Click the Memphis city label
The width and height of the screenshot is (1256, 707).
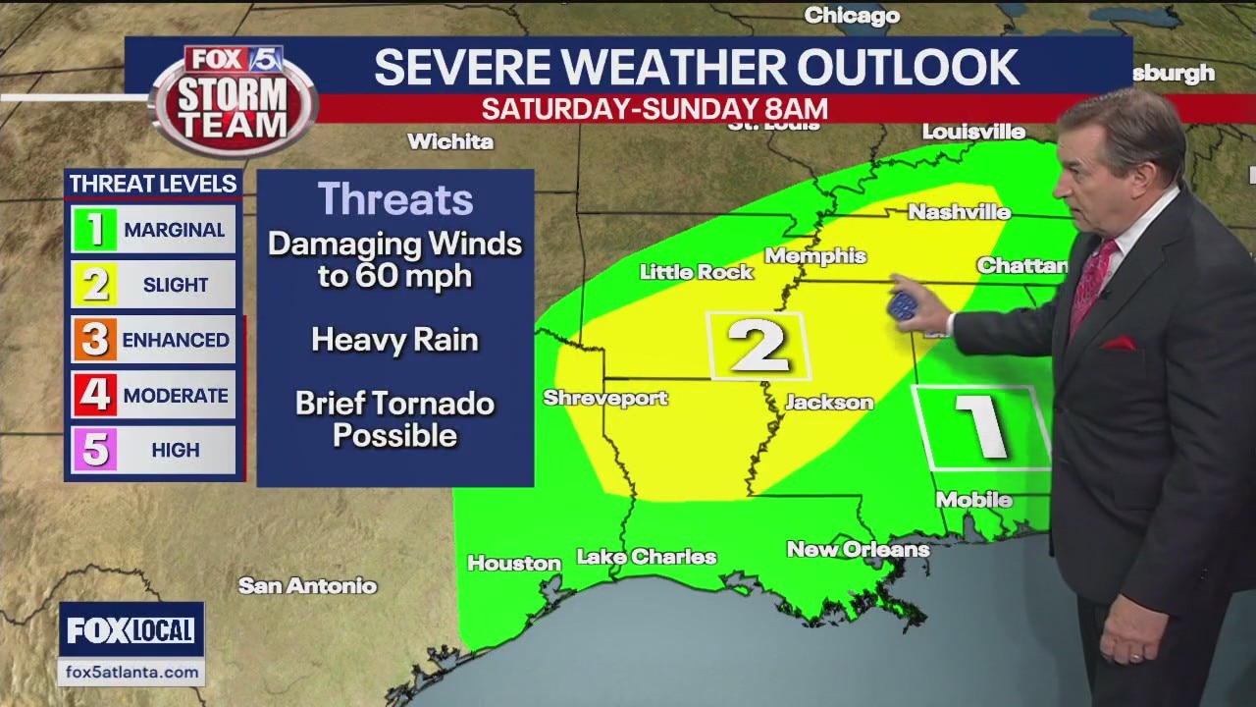point(815,256)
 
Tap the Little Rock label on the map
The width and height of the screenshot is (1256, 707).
point(696,272)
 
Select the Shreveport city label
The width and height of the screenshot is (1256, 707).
point(605,398)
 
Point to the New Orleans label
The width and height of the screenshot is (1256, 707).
point(858,550)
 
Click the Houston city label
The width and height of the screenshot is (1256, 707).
point(513,564)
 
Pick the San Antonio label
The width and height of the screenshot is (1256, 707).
point(307,586)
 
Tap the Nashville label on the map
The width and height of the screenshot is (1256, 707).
point(959,212)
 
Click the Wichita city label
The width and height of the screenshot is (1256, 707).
point(450,141)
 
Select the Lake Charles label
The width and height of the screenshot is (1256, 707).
point(647,557)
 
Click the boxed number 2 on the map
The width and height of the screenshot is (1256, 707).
point(759,346)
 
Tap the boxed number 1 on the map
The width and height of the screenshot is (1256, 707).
point(981,427)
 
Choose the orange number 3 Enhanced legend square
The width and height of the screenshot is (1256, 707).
point(95,340)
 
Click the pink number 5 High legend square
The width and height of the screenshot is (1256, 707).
point(95,450)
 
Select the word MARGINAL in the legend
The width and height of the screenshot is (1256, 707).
point(174,231)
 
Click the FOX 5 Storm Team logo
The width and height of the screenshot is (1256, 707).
point(234,99)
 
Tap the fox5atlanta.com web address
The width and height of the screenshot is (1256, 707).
point(131,673)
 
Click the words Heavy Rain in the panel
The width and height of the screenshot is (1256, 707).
point(394,340)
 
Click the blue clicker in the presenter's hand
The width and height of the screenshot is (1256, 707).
point(902,305)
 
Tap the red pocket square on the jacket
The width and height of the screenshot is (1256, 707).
point(1118,344)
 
